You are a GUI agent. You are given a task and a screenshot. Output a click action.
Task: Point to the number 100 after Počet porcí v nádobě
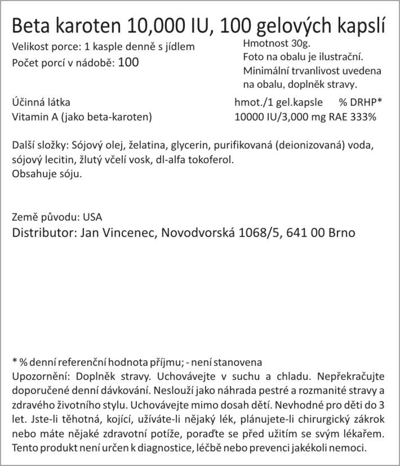(128, 62)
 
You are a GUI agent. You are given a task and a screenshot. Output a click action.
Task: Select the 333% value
(366, 117)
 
